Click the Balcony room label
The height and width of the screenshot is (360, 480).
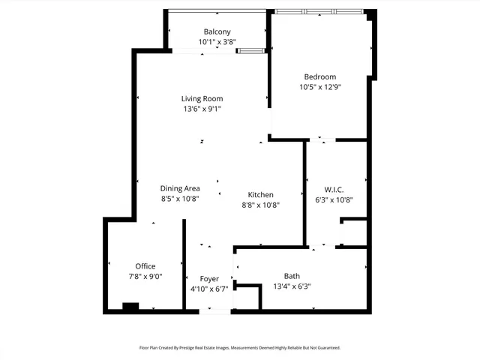point(217,31)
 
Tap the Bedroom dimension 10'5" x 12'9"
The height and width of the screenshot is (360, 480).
point(319,87)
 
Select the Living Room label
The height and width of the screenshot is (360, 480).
point(202,98)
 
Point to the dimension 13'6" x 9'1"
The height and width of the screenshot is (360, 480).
point(202,109)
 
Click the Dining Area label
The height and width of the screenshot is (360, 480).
point(179,188)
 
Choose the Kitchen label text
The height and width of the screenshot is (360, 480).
point(260,194)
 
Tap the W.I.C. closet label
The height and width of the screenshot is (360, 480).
point(334,189)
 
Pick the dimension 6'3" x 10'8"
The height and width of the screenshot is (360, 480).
point(334,199)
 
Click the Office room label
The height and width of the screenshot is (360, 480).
point(145,266)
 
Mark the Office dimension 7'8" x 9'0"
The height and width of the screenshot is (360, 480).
point(145,277)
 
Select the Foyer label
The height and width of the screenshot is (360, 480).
point(209,279)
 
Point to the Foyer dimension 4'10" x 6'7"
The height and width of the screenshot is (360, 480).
point(209,289)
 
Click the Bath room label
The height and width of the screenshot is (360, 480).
point(292,275)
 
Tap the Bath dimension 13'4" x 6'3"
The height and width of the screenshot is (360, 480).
point(292,286)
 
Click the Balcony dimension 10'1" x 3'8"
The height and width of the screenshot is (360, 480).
point(217,43)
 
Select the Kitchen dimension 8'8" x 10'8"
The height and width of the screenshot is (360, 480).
point(260,205)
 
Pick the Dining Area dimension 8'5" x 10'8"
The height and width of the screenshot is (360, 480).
point(179,199)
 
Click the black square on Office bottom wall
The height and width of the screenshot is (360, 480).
point(130,306)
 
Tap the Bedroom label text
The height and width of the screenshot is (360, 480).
point(319,76)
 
